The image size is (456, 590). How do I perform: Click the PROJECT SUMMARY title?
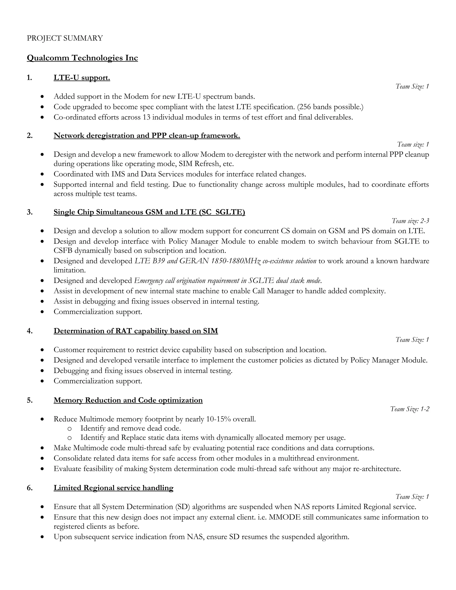65,38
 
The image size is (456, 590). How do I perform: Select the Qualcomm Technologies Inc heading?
82,58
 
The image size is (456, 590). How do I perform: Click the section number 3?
29,212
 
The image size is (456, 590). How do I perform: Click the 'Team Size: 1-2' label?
409,409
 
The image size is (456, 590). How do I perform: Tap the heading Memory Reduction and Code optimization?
128,400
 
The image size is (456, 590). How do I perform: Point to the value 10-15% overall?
231,419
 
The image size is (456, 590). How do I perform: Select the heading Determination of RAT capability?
136,331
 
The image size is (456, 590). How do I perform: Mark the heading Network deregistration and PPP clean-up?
147,136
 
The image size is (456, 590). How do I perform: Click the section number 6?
29,488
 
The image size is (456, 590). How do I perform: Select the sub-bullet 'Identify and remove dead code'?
130,428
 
